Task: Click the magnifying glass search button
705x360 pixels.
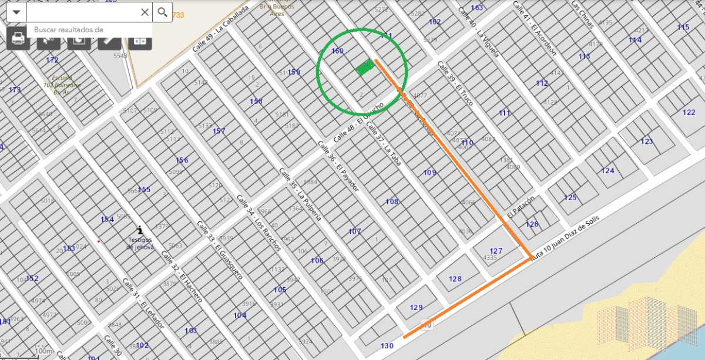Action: (163, 12)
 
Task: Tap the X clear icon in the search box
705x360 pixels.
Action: (145, 12)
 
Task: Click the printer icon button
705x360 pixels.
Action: (18, 39)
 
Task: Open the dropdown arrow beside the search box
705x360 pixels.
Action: (16, 12)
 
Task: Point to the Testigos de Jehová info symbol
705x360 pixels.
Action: (139, 230)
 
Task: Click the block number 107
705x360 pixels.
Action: (355, 231)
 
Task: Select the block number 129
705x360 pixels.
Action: (417, 307)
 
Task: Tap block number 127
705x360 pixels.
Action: (496, 251)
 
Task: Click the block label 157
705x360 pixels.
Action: (219, 131)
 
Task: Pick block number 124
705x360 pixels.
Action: (607, 171)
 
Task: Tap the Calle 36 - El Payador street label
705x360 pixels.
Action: (337, 164)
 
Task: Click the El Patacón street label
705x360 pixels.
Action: (522, 207)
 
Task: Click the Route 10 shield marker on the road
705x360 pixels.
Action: (427, 325)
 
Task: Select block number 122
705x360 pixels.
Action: (689, 112)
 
